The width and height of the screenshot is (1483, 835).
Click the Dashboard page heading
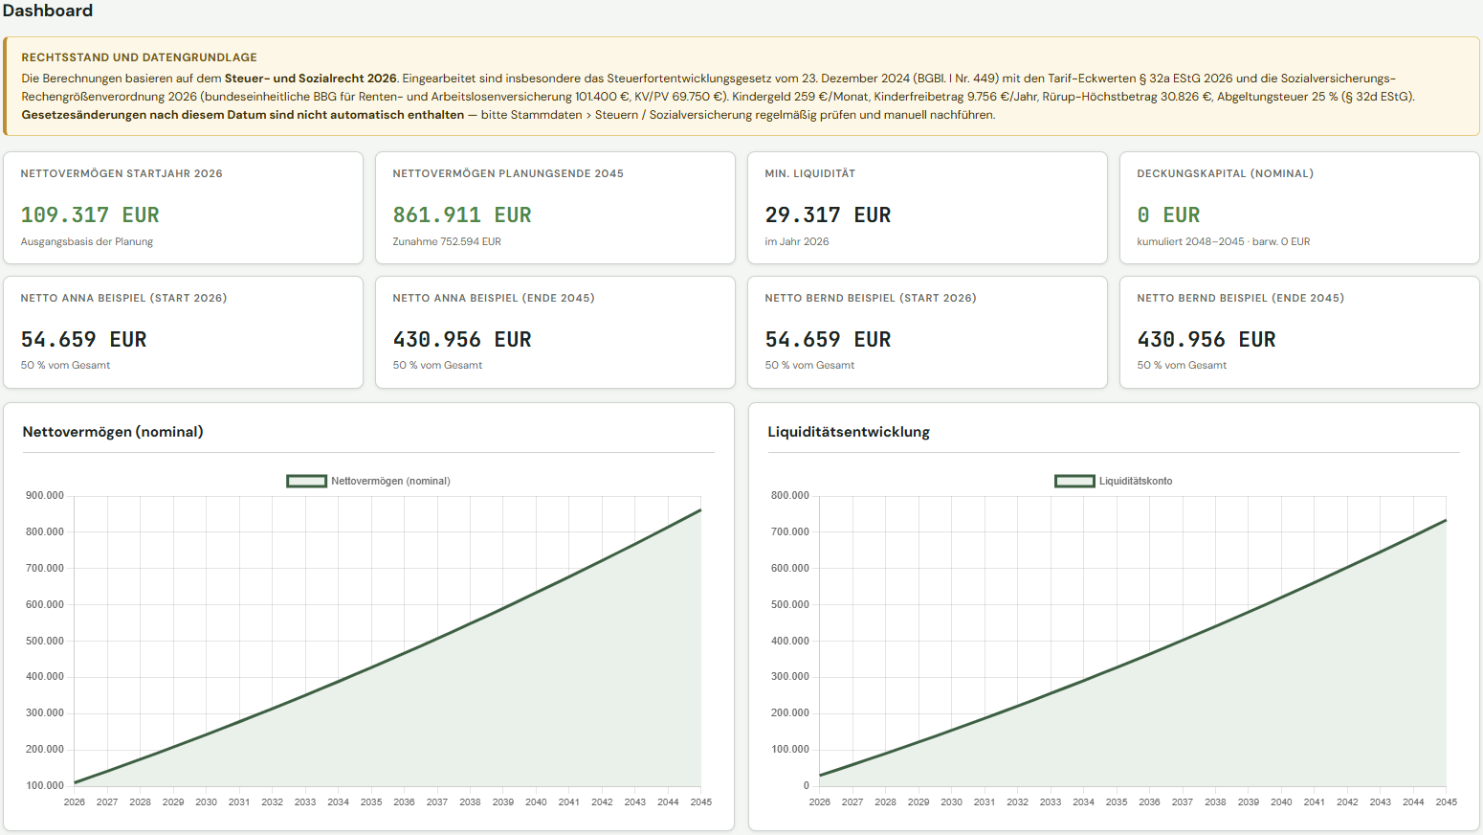tap(48, 11)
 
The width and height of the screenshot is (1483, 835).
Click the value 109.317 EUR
tap(90, 214)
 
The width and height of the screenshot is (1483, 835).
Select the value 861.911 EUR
tap(462, 214)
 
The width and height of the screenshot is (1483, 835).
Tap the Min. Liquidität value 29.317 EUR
tap(828, 214)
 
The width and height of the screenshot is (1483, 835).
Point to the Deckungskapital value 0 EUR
tap(1168, 214)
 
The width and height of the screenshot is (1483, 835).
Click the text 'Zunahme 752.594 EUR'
tap(447, 242)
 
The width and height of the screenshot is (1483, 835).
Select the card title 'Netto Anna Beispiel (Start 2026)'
tap(123, 298)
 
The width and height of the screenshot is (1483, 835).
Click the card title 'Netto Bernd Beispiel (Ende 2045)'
tap(1241, 298)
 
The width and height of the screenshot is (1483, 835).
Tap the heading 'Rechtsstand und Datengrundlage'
tap(139, 57)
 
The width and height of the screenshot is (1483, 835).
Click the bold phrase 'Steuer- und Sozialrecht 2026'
tap(311, 79)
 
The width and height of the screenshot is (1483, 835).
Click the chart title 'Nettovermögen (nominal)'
tap(113, 432)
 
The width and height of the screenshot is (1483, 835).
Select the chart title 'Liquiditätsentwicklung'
tap(849, 432)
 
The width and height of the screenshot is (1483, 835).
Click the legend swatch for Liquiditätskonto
tap(1074, 481)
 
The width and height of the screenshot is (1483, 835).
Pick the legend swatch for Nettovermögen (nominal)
tap(306, 481)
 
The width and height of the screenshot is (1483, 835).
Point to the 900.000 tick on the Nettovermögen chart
tap(45, 496)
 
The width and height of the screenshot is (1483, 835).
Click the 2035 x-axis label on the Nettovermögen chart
tap(371, 801)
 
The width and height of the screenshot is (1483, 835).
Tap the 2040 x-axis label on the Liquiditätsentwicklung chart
tap(1281, 801)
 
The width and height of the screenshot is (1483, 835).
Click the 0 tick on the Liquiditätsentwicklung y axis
tap(806, 786)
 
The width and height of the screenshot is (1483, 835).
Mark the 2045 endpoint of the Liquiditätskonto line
tap(1446, 520)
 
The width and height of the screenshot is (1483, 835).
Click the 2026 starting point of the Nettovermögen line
tap(75, 782)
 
